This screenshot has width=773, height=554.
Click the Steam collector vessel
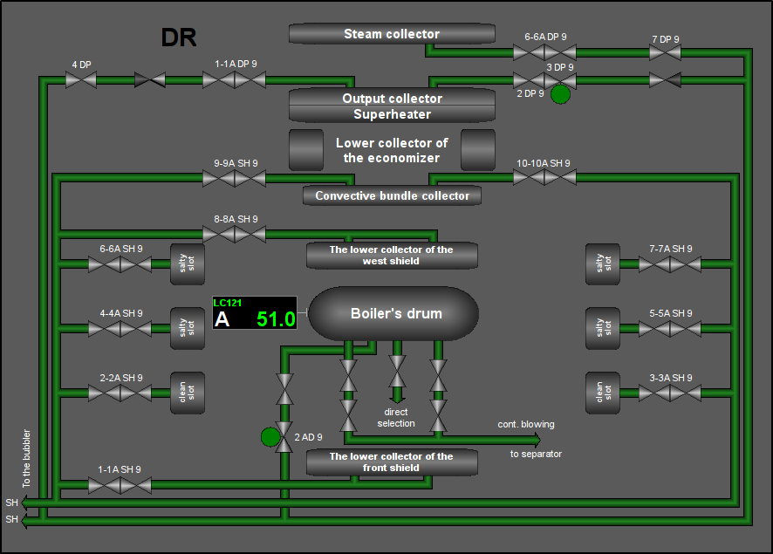coord(392,34)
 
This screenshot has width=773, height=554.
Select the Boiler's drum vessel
coord(393,313)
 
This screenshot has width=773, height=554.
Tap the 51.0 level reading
coord(276,319)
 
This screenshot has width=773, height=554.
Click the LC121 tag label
coord(227,303)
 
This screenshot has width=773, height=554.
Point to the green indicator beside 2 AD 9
coord(270,437)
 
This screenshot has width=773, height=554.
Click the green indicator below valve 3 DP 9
coord(560,94)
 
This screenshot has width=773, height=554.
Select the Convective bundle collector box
coord(392,195)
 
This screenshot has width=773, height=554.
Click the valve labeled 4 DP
coord(81,80)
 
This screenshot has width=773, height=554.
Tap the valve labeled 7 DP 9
coord(665,52)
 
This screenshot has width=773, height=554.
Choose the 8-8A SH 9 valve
coord(234,234)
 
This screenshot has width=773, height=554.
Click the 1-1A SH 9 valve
coord(120,485)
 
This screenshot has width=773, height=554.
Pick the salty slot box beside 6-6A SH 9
coord(188,264)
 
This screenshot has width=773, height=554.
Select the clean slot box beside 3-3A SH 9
coord(602,393)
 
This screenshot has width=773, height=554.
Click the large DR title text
coord(179,38)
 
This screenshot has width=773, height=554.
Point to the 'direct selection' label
coord(396,418)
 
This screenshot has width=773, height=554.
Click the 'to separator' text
coord(536,454)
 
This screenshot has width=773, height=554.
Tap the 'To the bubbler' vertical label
coord(27,458)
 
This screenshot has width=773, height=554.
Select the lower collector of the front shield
coord(392,462)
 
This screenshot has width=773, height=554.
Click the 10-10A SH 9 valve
coord(544,177)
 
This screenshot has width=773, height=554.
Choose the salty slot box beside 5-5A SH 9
coord(602,329)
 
